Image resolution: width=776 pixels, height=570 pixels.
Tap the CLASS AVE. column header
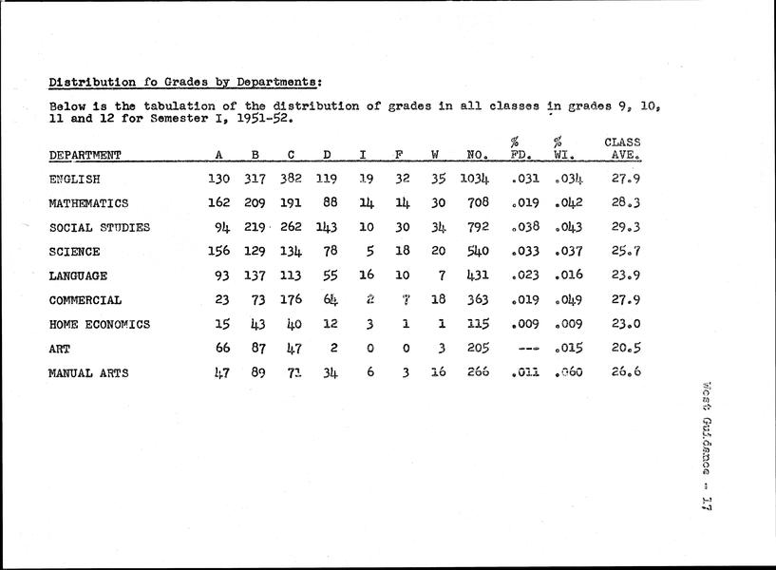(622, 148)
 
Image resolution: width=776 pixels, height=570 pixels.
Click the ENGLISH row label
(74, 178)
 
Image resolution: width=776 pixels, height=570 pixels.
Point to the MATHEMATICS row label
(87, 202)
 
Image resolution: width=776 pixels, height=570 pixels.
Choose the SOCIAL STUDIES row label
(99, 227)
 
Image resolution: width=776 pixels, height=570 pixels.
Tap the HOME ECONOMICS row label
(99, 324)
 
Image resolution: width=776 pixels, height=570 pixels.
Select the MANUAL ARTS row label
(88, 373)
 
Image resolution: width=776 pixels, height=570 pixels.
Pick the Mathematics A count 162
(219, 202)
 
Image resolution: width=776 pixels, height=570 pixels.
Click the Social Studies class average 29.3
(623, 227)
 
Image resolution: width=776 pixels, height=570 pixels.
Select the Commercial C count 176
(292, 300)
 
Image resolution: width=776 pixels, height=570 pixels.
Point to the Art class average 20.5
(623, 349)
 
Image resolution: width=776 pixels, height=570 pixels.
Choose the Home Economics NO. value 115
(477, 324)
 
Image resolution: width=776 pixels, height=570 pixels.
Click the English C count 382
(292, 178)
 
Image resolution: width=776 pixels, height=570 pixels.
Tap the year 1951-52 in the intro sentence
(259, 121)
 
